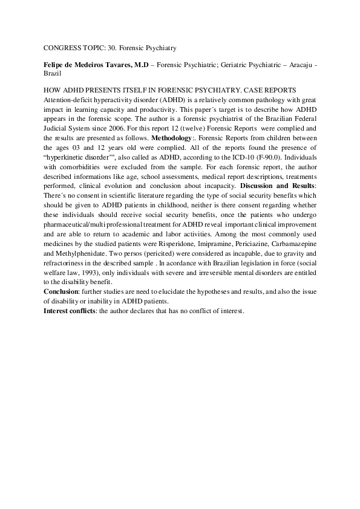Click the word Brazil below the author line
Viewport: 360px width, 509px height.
[x=53, y=72]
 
